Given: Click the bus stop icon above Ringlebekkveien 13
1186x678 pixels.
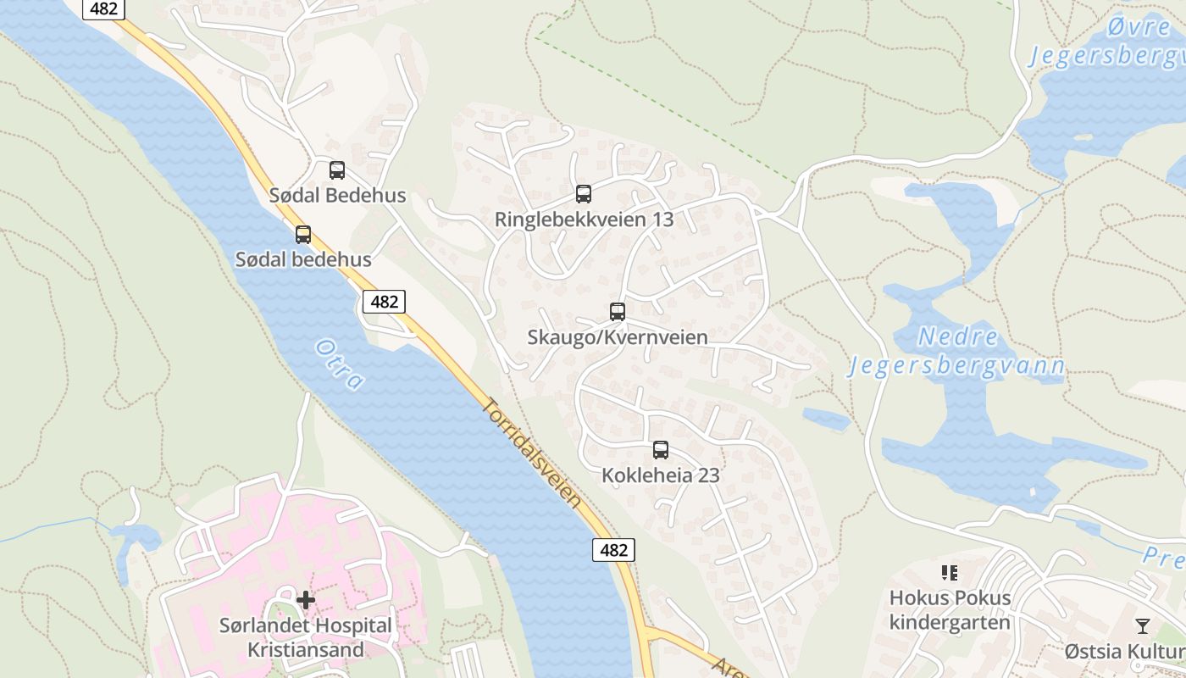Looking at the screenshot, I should click(584, 193).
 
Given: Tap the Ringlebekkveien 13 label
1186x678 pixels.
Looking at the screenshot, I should click(584, 220).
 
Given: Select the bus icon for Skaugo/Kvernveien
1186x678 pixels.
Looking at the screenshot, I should click(618, 311).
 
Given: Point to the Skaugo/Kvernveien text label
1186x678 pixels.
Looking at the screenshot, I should click(618, 337).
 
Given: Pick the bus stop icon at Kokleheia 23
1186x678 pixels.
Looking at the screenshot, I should click(661, 450).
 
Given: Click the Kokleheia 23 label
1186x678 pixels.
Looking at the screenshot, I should click(661, 475).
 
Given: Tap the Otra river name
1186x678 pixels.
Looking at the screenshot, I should click(339, 364).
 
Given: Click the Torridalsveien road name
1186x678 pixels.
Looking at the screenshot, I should click(534, 453).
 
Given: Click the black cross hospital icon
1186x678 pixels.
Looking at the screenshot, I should click(306, 600).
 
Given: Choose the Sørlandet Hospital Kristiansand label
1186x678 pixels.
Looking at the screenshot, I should click(306, 638).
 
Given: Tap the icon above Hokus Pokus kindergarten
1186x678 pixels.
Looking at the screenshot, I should click(949, 573).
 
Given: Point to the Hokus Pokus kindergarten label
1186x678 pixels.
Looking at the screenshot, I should click(950, 610).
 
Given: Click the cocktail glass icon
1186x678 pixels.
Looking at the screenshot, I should click(1143, 625).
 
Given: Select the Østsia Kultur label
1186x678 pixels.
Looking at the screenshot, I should click(1125, 651).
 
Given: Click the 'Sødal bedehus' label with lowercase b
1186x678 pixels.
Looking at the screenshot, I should click(303, 259).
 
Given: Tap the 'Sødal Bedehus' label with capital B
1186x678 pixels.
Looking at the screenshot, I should click(337, 195).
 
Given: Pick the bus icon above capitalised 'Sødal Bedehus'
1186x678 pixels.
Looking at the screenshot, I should click(337, 169).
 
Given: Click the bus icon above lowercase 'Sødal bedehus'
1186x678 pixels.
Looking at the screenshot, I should click(303, 234).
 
